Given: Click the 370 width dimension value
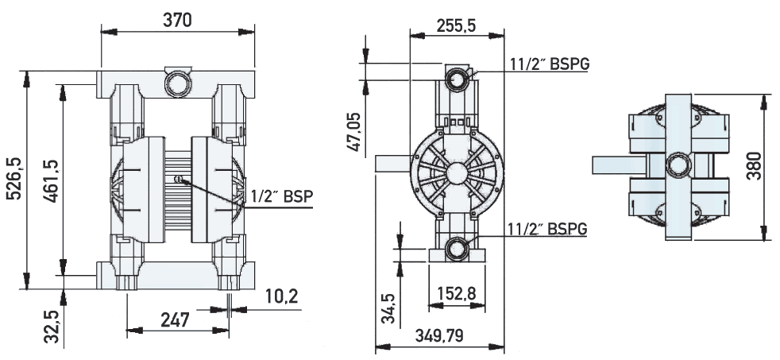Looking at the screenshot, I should point(177,21).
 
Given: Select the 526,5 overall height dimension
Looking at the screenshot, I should point(14,180).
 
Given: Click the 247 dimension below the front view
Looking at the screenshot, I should point(175,320).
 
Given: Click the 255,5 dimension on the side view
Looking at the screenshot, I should point(456,25).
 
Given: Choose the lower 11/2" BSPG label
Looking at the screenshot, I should point(548,229).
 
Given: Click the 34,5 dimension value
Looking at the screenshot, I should point(388,308).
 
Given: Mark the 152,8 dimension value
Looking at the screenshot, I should point(456,294).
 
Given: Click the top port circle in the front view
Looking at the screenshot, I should point(176,83).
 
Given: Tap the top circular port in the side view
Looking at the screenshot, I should point(457,79).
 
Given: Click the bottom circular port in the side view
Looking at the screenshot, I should point(457,248).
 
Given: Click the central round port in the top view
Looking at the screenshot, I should point(678,166).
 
